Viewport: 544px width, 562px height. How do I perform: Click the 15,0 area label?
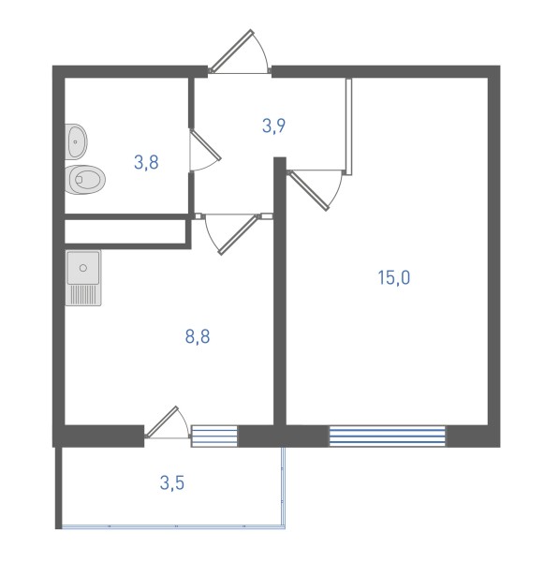(394, 277)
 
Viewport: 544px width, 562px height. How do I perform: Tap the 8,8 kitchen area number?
(198, 336)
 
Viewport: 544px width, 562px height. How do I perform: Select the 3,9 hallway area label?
(273, 126)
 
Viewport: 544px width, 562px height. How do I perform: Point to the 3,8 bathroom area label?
(146, 162)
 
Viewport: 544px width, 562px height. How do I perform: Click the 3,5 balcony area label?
(172, 482)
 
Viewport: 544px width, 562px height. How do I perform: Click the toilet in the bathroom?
(85, 180)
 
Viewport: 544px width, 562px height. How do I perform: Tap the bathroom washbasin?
(76, 142)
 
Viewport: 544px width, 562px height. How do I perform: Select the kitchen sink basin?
(83, 268)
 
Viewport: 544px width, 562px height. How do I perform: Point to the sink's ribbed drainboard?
(83, 296)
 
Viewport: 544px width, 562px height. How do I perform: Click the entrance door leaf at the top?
(231, 50)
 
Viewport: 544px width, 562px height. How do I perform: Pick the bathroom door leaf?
(206, 144)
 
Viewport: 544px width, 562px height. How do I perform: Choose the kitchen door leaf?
(239, 235)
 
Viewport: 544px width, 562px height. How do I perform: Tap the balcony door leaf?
(161, 421)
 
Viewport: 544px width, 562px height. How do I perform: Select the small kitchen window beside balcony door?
(214, 436)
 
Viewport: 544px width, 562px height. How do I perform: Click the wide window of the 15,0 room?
(388, 436)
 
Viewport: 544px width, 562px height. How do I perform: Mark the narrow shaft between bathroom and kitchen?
(125, 231)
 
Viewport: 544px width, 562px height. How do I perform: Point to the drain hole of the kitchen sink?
(83, 268)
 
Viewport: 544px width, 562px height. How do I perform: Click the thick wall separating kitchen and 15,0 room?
(280, 291)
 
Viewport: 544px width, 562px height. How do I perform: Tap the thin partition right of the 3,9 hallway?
(348, 126)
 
